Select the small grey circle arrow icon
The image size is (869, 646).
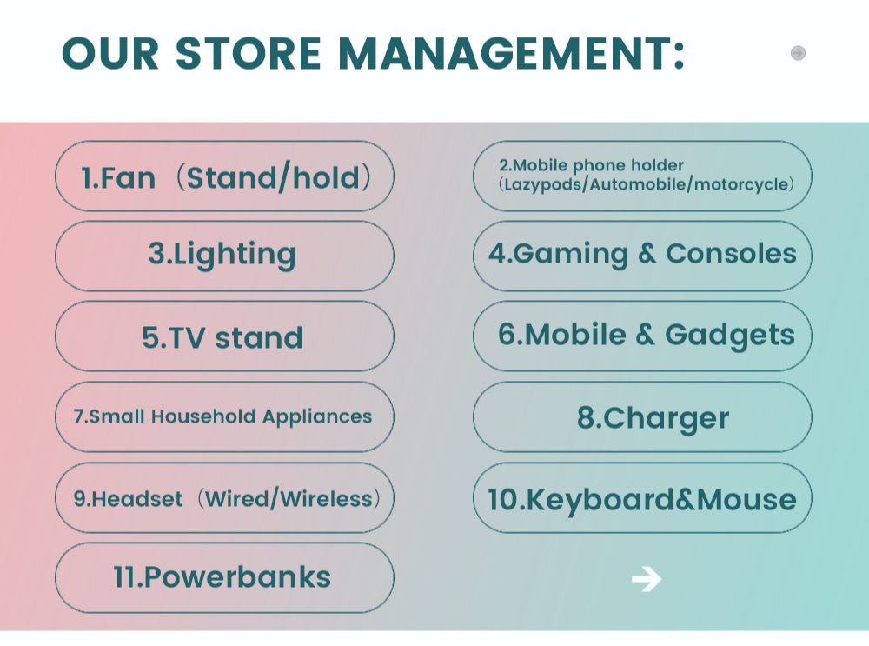pos(798,53)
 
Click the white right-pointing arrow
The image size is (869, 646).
pos(647,578)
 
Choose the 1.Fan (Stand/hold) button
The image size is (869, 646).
pos(224,176)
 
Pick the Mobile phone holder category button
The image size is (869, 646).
pos(642,175)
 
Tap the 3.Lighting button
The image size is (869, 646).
pos(224,256)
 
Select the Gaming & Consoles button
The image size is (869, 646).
pos(642,255)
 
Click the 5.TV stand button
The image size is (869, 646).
pos(224,336)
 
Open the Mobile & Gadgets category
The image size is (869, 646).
pos(642,336)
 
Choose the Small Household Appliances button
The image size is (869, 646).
pos(224,416)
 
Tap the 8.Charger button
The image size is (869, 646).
pos(642,417)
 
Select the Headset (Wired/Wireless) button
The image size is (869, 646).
pos(224,498)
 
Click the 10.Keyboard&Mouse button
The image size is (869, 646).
pos(642,499)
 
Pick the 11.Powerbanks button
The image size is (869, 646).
pos(224,577)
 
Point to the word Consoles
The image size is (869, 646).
pos(731,254)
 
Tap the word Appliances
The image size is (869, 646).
pos(317,417)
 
